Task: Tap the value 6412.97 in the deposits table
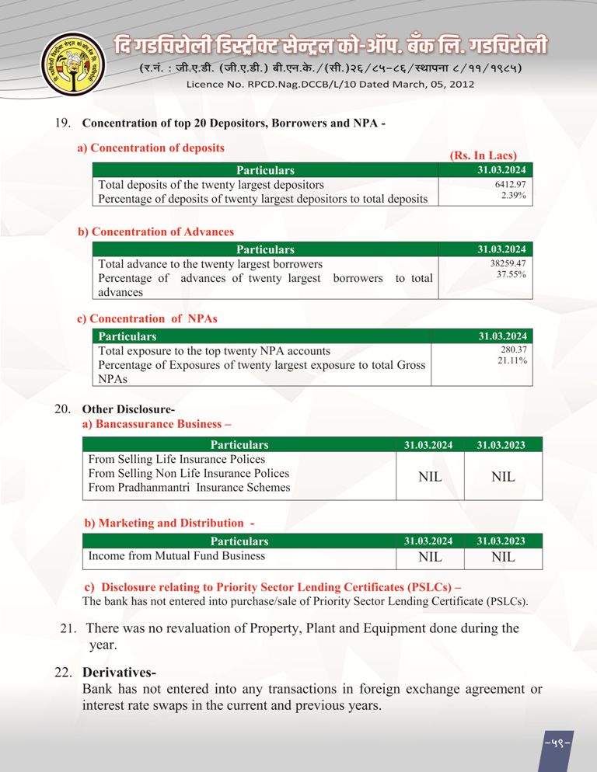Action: (x=510, y=184)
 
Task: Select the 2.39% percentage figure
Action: (x=513, y=196)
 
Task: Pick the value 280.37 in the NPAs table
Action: (x=513, y=349)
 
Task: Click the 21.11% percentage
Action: (x=512, y=361)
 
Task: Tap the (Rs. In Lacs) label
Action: (x=483, y=156)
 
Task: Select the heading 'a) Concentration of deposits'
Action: (x=151, y=148)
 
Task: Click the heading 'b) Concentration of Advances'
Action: (x=155, y=231)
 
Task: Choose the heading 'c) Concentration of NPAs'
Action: (x=147, y=318)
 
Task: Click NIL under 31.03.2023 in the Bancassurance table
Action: (x=503, y=477)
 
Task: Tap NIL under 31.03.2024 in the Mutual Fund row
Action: (x=430, y=557)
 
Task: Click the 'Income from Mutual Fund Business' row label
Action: (x=176, y=556)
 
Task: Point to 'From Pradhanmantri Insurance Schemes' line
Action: (x=189, y=488)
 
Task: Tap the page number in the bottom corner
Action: (x=557, y=745)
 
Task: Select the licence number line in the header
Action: (x=330, y=83)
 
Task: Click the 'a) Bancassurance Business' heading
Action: (x=157, y=424)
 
